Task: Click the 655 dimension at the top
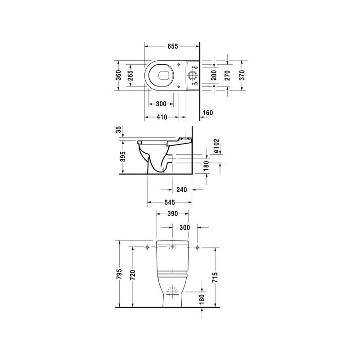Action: [173, 46]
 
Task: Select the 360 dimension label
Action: [118, 75]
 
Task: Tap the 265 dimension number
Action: [130, 75]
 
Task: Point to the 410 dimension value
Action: [162, 117]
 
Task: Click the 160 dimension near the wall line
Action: [208, 113]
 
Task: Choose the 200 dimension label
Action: [214, 75]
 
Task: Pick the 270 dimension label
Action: [227, 75]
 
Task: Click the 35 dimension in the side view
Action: [118, 130]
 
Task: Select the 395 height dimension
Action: [123, 157]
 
